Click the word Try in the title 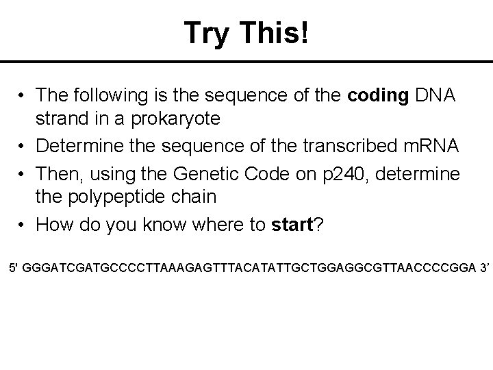(x=210, y=32)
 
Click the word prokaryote (x=177, y=119)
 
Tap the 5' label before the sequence (x=13, y=265)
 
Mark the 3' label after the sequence (x=483, y=265)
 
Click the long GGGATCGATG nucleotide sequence (x=247, y=265)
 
